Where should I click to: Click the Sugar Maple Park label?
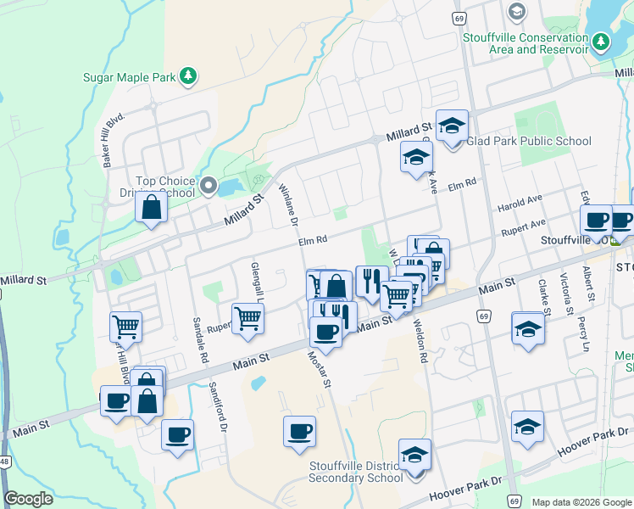128,77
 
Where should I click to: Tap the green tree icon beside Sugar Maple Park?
188,76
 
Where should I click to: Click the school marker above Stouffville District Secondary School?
414,456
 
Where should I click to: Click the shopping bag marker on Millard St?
151,208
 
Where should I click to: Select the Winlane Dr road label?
288,204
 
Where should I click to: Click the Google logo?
29,499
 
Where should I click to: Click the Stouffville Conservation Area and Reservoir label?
526,42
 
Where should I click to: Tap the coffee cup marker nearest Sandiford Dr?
178,436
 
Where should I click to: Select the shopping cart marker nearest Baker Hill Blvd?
125,326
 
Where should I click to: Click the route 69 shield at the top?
459,18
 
